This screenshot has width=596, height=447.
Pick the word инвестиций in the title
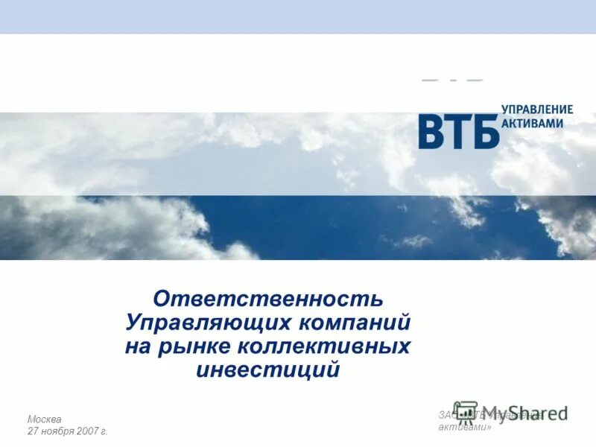(268, 370)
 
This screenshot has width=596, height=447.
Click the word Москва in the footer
(45, 419)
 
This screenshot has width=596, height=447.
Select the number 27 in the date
(34, 431)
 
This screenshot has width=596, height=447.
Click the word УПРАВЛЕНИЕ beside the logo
(537, 110)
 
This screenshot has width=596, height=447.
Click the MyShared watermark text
(527, 414)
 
